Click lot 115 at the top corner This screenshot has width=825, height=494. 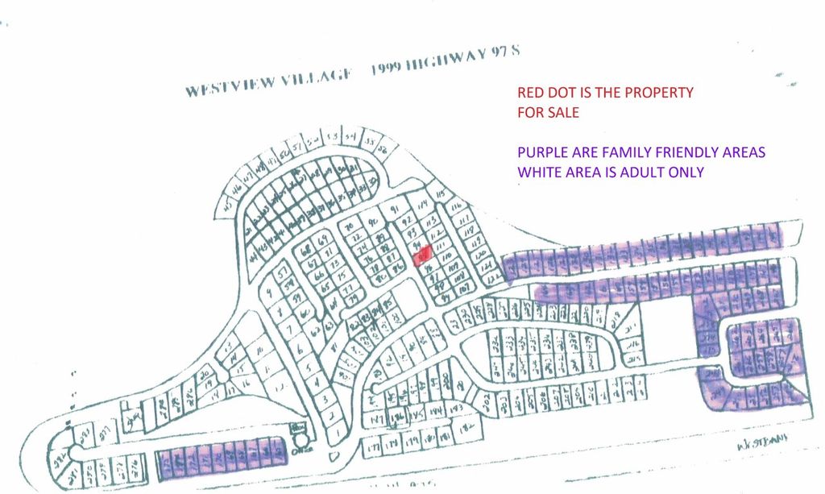click(x=440, y=193)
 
